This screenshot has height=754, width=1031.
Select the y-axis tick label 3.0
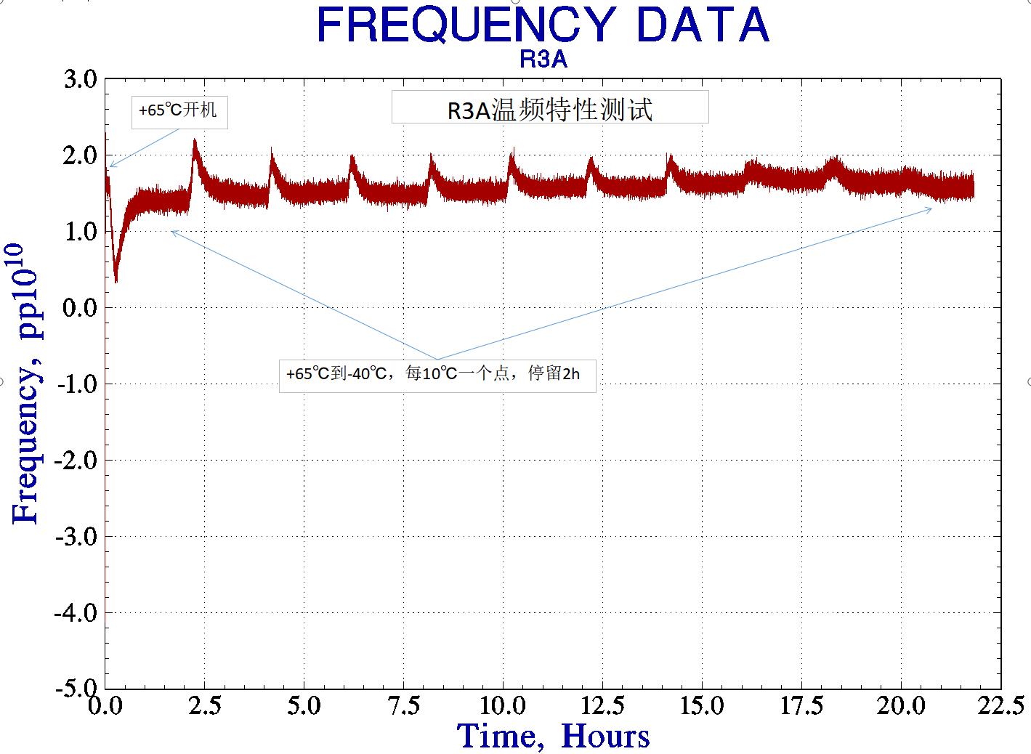point(80,79)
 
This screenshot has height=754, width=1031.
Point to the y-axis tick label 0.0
point(80,307)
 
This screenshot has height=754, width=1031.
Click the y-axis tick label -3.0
point(76,537)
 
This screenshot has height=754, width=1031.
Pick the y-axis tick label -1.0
point(76,384)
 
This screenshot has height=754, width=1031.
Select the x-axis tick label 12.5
point(602,705)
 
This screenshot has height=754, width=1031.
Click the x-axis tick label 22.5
point(1000,705)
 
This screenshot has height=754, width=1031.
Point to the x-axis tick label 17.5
point(801,705)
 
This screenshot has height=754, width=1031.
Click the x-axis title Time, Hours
point(553,736)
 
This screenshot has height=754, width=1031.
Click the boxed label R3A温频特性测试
point(549,108)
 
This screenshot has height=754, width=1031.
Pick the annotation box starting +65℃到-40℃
point(437,375)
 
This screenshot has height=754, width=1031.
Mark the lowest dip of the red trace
point(116,281)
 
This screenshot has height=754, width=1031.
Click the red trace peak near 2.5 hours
point(195,140)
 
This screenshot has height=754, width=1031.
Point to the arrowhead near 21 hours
point(931,208)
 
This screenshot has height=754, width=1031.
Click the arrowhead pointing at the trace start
point(110,166)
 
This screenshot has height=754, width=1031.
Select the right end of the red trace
point(973,187)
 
